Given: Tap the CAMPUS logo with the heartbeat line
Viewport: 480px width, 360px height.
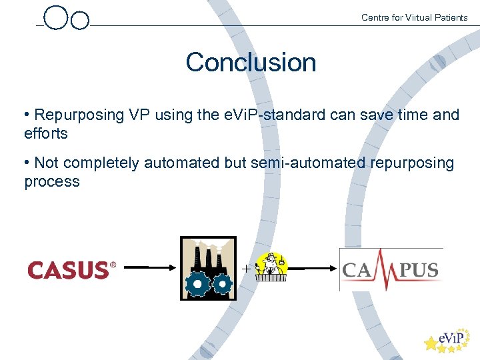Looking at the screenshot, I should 391,269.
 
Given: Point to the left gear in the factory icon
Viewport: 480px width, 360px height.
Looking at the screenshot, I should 197,285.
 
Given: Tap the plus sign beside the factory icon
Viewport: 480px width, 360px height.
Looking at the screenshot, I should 247,269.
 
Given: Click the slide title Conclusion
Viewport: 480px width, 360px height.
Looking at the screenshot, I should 251,63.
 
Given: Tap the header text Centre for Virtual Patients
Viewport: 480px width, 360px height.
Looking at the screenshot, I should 414,17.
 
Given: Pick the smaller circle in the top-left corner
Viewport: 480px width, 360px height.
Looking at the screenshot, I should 80,21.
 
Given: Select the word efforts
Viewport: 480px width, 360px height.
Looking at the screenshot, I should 46,133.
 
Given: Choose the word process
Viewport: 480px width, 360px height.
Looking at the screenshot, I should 52,181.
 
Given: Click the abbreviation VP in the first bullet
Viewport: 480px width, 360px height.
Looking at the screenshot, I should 139,115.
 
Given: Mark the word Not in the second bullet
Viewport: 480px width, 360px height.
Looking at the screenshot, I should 46,163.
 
